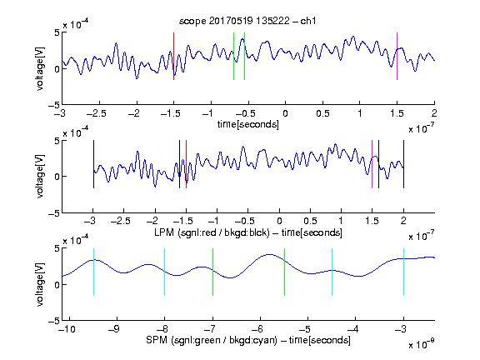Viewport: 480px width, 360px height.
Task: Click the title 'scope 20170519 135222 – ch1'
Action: [247, 21]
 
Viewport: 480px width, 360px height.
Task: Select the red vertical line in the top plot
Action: [173, 57]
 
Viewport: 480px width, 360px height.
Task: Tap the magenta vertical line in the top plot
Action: [397, 57]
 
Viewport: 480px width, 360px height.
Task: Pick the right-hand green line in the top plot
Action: [245, 57]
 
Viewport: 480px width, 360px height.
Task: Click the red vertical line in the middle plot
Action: [186, 164]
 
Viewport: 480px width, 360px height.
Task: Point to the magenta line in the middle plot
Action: [372, 164]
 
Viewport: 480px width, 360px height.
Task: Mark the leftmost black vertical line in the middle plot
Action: [93, 164]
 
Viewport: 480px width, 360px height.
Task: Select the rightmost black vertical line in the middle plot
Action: [404, 164]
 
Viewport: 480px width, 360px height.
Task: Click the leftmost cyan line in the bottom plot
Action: [93, 272]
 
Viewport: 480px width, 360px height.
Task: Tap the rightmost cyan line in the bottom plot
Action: [404, 272]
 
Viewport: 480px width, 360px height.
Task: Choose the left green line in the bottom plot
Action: [213, 272]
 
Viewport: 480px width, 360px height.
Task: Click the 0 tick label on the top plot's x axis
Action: [285, 113]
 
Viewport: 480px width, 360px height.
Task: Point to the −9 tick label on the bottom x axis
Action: [114, 329]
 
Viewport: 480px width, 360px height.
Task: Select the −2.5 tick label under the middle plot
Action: [121, 221]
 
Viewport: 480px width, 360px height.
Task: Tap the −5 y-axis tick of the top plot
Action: [54, 105]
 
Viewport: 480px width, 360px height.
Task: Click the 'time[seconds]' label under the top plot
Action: [248, 124]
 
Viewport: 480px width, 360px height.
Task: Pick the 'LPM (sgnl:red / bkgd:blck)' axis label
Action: [212, 232]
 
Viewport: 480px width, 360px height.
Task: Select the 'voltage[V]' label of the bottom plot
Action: [40, 284]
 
